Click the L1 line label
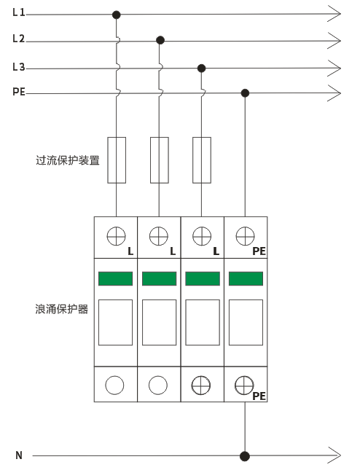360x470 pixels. click(x=19, y=12)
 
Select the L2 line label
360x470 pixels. click(x=19, y=39)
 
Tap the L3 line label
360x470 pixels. click(x=19, y=66)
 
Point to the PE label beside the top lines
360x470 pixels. click(x=19, y=91)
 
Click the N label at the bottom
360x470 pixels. click(x=19, y=455)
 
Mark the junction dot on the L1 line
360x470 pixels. click(x=117, y=15)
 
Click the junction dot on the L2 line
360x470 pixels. click(x=160, y=40)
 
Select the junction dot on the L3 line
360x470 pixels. click(x=201, y=68)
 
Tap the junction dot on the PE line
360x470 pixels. click(x=245, y=93)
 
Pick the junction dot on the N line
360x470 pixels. click(x=245, y=456)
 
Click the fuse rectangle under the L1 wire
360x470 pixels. click(x=117, y=160)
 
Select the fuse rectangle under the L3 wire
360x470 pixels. click(x=202, y=160)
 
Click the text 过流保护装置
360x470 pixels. click(x=68, y=160)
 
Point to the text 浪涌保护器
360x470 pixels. click(x=62, y=309)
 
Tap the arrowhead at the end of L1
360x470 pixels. click(x=334, y=14)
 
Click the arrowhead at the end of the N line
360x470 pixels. click(x=334, y=455)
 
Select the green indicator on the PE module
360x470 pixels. click(x=246, y=278)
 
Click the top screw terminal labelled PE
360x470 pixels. click(x=245, y=236)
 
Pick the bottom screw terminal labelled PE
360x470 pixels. click(x=244, y=385)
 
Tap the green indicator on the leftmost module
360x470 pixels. click(x=115, y=278)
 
